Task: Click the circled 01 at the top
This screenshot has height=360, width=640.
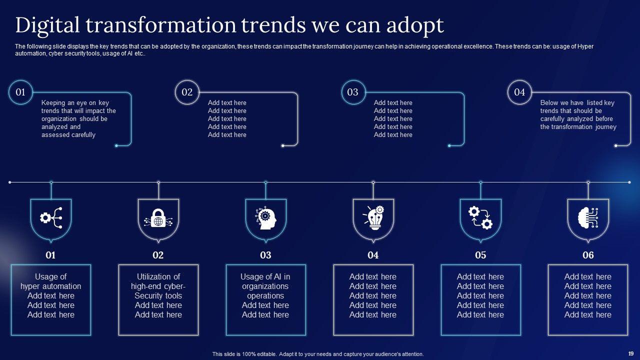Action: (20, 92)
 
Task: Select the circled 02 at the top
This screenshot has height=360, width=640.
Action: (187, 92)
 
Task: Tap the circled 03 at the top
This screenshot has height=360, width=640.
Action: (353, 92)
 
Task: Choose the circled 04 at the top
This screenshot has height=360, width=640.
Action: (519, 92)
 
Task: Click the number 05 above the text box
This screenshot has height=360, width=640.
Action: (480, 255)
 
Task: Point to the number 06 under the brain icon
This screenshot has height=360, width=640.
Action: (588, 255)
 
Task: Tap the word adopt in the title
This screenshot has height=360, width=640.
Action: (414, 25)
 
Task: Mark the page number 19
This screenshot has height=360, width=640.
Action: (631, 352)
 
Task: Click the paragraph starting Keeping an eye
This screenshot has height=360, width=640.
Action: (78, 119)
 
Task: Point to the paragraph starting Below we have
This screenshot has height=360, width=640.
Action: (578, 115)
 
